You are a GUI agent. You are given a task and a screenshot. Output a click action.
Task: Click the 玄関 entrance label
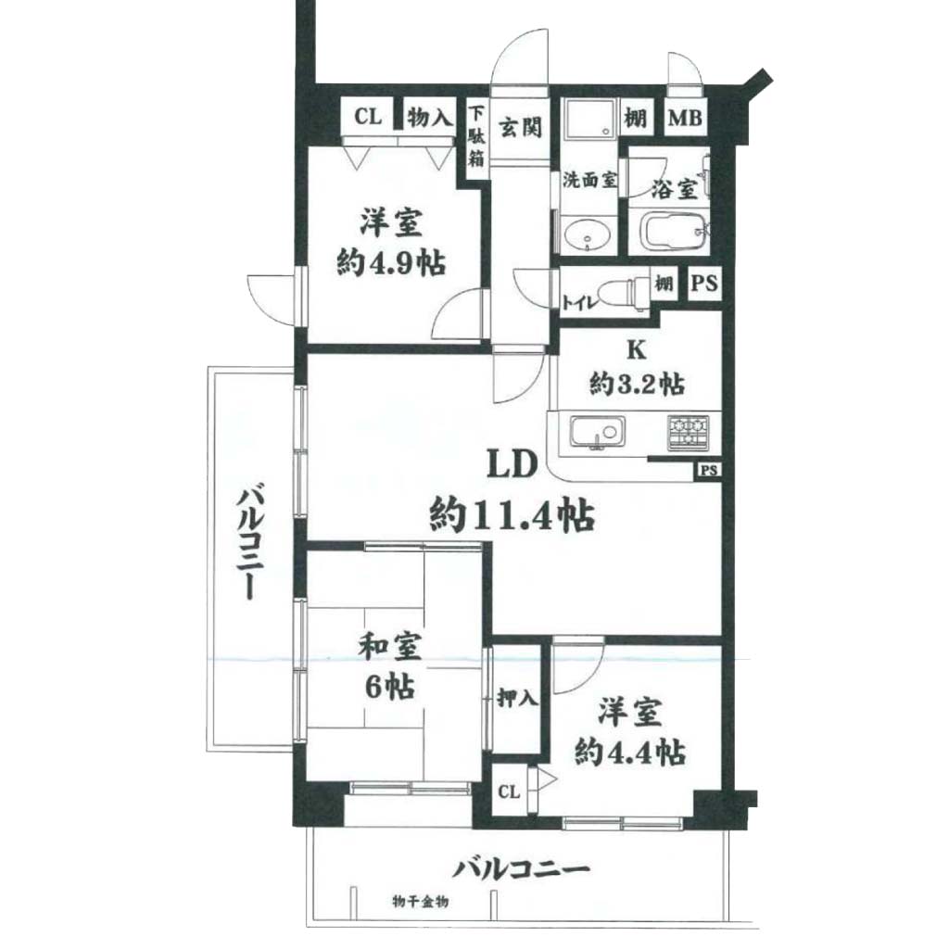pyautogui.click(x=520, y=127)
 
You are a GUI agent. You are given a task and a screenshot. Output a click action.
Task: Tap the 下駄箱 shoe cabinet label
pyautogui.click(x=477, y=137)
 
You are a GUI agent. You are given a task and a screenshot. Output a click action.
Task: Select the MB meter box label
pyautogui.click(x=685, y=118)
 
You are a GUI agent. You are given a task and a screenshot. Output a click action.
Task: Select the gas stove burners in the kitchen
pyautogui.click(x=689, y=432)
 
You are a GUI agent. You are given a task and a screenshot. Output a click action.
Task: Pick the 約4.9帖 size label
pyautogui.click(x=392, y=263)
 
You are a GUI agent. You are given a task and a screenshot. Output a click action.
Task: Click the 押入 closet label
pyautogui.click(x=517, y=699)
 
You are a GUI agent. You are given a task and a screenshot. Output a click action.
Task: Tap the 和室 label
pyautogui.click(x=390, y=648)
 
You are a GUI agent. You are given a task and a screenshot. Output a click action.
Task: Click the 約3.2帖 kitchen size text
pyautogui.click(x=637, y=383)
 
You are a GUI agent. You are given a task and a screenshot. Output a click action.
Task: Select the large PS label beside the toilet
pyautogui.click(x=704, y=283)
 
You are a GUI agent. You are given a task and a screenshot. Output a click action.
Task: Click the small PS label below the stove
pyautogui.click(x=709, y=470)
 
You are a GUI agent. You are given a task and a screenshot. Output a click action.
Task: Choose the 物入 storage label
pyautogui.click(x=429, y=117)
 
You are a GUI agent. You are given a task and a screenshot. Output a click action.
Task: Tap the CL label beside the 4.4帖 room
pyautogui.click(x=509, y=791)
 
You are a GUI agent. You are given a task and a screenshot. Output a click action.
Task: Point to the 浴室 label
pyautogui.click(x=673, y=189)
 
